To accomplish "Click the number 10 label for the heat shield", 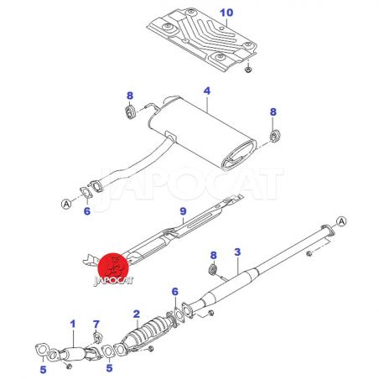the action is (x=226, y=13).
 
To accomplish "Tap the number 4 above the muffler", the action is (x=207, y=91).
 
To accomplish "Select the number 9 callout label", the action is (x=183, y=211).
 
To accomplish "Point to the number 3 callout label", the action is (x=237, y=252).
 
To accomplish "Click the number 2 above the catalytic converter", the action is (x=137, y=314).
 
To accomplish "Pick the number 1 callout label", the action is (x=73, y=324).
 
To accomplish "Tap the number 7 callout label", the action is (x=96, y=324).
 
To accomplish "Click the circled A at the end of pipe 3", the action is (x=341, y=221).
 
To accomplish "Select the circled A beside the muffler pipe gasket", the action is (x=66, y=204).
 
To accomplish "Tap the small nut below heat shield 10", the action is (x=247, y=69).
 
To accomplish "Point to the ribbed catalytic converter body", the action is (x=148, y=331).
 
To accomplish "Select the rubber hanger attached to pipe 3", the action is (x=213, y=270).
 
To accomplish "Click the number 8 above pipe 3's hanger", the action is (x=214, y=255).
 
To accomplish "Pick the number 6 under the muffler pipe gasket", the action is (x=87, y=211).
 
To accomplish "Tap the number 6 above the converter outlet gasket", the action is (x=175, y=292).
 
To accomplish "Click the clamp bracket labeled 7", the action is (x=97, y=338).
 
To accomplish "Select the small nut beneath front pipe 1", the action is (x=70, y=366).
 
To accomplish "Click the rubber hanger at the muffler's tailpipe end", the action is (x=275, y=136).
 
